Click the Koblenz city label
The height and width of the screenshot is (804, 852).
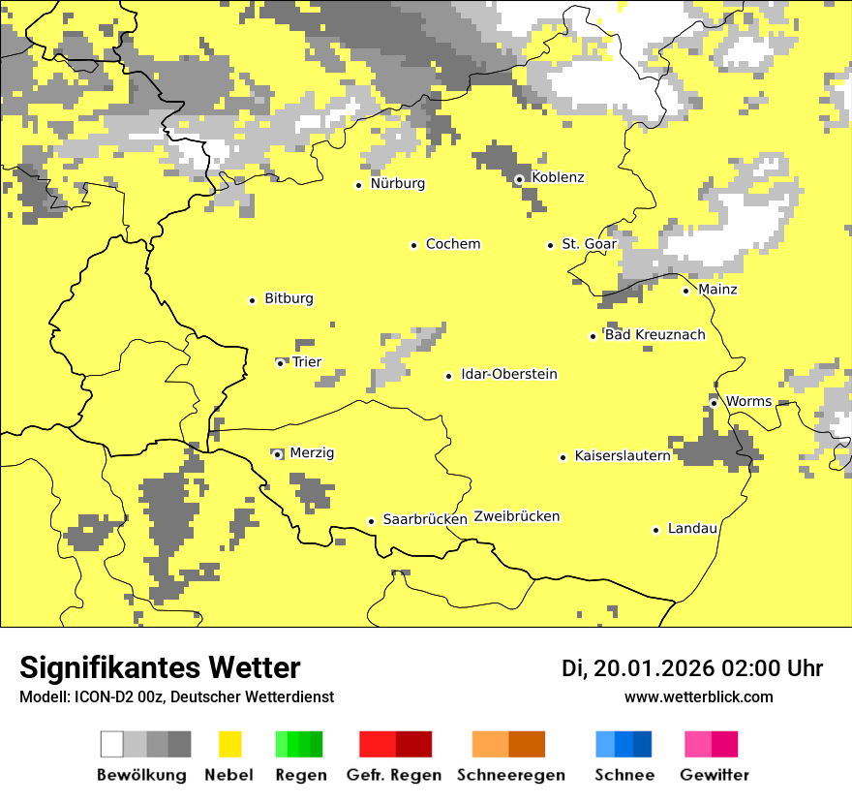coord(558,177)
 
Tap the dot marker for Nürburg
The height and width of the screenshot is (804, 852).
coord(358,184)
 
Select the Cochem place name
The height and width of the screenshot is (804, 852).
coord(453,244)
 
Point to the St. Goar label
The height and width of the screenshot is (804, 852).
coord(589,244)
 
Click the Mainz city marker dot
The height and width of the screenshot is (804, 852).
coord(685,291)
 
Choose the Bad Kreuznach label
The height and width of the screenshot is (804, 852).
coord(654,335)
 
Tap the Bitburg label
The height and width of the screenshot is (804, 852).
coord(289,299)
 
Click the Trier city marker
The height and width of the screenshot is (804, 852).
coord(280,363)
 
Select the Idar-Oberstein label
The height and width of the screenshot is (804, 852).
coord(509,375)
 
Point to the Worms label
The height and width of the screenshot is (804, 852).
coord(748,401)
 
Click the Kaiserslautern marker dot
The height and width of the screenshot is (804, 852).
coord(563,457)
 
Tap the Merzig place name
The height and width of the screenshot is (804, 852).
coord(312,453)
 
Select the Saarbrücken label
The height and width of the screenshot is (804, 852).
coord(425,520)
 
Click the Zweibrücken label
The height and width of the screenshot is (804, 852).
coord(517,516)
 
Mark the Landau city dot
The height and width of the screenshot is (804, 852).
coord(655,530)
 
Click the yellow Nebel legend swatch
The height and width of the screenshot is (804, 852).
coord(230,744)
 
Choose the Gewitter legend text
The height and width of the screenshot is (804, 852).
coord(715,775)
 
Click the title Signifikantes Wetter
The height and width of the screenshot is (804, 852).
coord(160,668)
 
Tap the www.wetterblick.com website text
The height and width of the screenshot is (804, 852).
coord(699,697)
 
